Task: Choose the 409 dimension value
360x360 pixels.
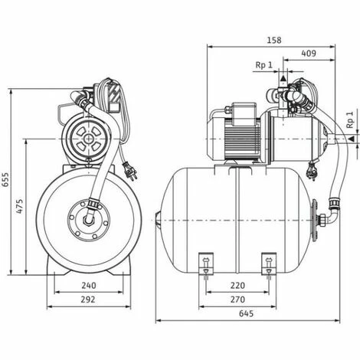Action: point(309,54)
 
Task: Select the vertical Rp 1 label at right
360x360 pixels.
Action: point(349,123)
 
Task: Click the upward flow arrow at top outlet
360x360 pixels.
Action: point(284,77)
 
